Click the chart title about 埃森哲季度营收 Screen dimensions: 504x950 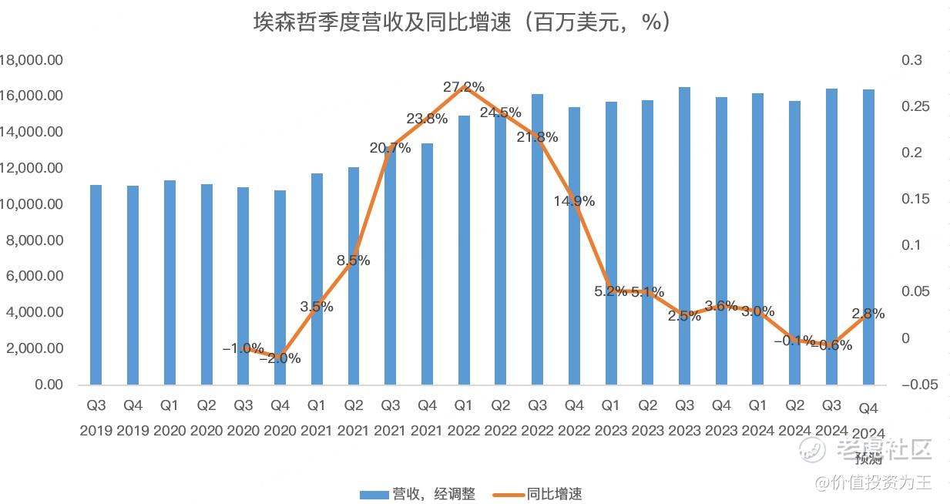point(462,22)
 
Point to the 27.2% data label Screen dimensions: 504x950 point(464,87)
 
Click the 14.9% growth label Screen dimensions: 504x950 point(574,201)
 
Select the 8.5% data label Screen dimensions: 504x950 point(354,260)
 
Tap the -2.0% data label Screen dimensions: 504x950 point(280,358)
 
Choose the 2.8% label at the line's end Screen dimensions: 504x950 point(868,314)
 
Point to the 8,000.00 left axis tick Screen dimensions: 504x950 point(35,240)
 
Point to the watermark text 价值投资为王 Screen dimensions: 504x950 point(881,483)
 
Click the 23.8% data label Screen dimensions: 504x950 point(427,119)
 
